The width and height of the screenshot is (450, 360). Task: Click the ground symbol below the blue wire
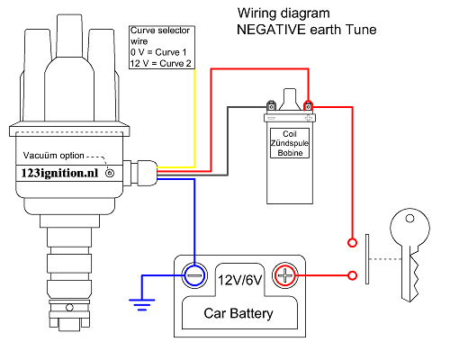[x=140, y=303]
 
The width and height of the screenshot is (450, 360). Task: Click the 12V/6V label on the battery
[x=238, y=280]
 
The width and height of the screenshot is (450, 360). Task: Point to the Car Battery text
[x=238, y=314]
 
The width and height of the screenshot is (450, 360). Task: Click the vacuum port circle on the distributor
[x=110, y=172]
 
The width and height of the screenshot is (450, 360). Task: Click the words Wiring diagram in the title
[x=280, y=14]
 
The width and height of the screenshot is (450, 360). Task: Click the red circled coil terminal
[x=308, y=103]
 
